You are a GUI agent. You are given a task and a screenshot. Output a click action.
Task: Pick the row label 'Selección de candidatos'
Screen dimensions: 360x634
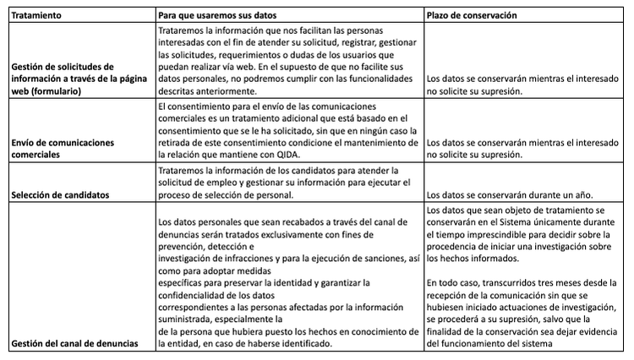[x=60, y=194]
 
